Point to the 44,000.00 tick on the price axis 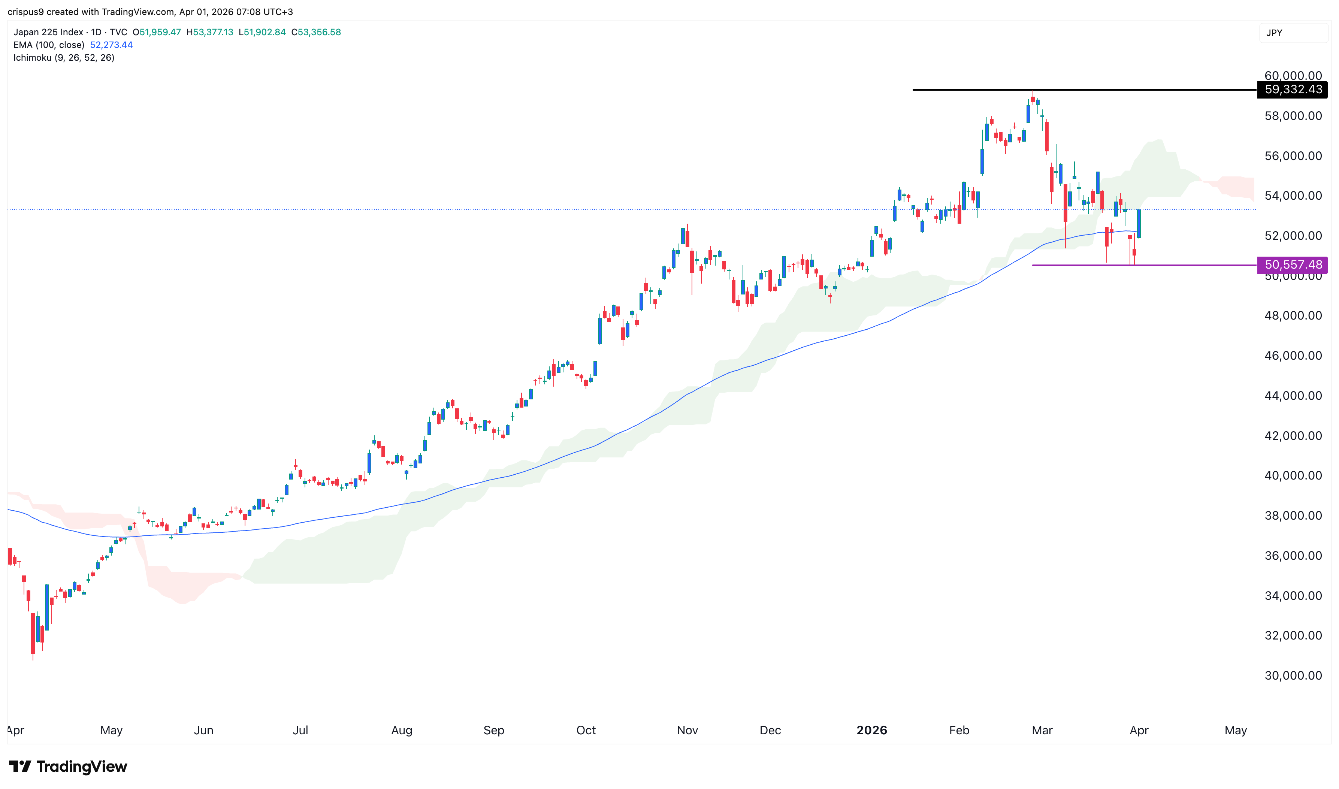1293,396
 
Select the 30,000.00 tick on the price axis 1293,676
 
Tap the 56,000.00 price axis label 1293,156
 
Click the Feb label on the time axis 959,731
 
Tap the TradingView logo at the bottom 68,766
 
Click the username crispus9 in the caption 25,12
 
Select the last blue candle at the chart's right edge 1139,223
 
